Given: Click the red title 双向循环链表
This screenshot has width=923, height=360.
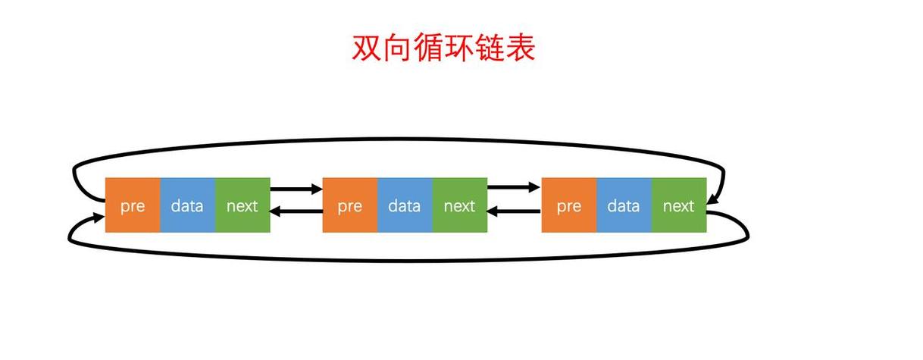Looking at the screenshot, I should [x=443, y=48].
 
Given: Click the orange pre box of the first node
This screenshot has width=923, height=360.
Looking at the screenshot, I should [x=133, y=205].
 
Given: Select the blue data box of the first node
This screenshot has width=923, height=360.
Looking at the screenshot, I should [x=187, y=205].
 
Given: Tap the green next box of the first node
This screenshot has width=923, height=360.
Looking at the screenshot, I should [x=242, y=205].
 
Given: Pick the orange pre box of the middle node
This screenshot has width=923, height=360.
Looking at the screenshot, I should [x=350, y=205].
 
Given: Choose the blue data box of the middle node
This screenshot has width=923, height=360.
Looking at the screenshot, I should [x=405, y=205].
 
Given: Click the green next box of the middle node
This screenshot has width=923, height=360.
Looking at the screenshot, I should [x=459, y=205].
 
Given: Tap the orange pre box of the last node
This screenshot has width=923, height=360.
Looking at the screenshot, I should [x=569, y=205].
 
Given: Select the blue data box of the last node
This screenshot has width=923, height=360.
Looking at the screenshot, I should [x=624, y=205].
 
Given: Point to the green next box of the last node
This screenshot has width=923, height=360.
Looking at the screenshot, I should [x=679, y=205].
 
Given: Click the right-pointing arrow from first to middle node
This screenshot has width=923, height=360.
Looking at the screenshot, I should [x=296, y=187].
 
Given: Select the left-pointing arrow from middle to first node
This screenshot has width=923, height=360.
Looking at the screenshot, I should [x=296, y=212].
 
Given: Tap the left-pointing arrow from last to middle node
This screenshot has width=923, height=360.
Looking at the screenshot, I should [x=513, y=212].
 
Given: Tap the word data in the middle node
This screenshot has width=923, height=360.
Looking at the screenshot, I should [x=405, y=205].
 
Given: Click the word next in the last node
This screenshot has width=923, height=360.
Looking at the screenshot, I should [x=679, y=205].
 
